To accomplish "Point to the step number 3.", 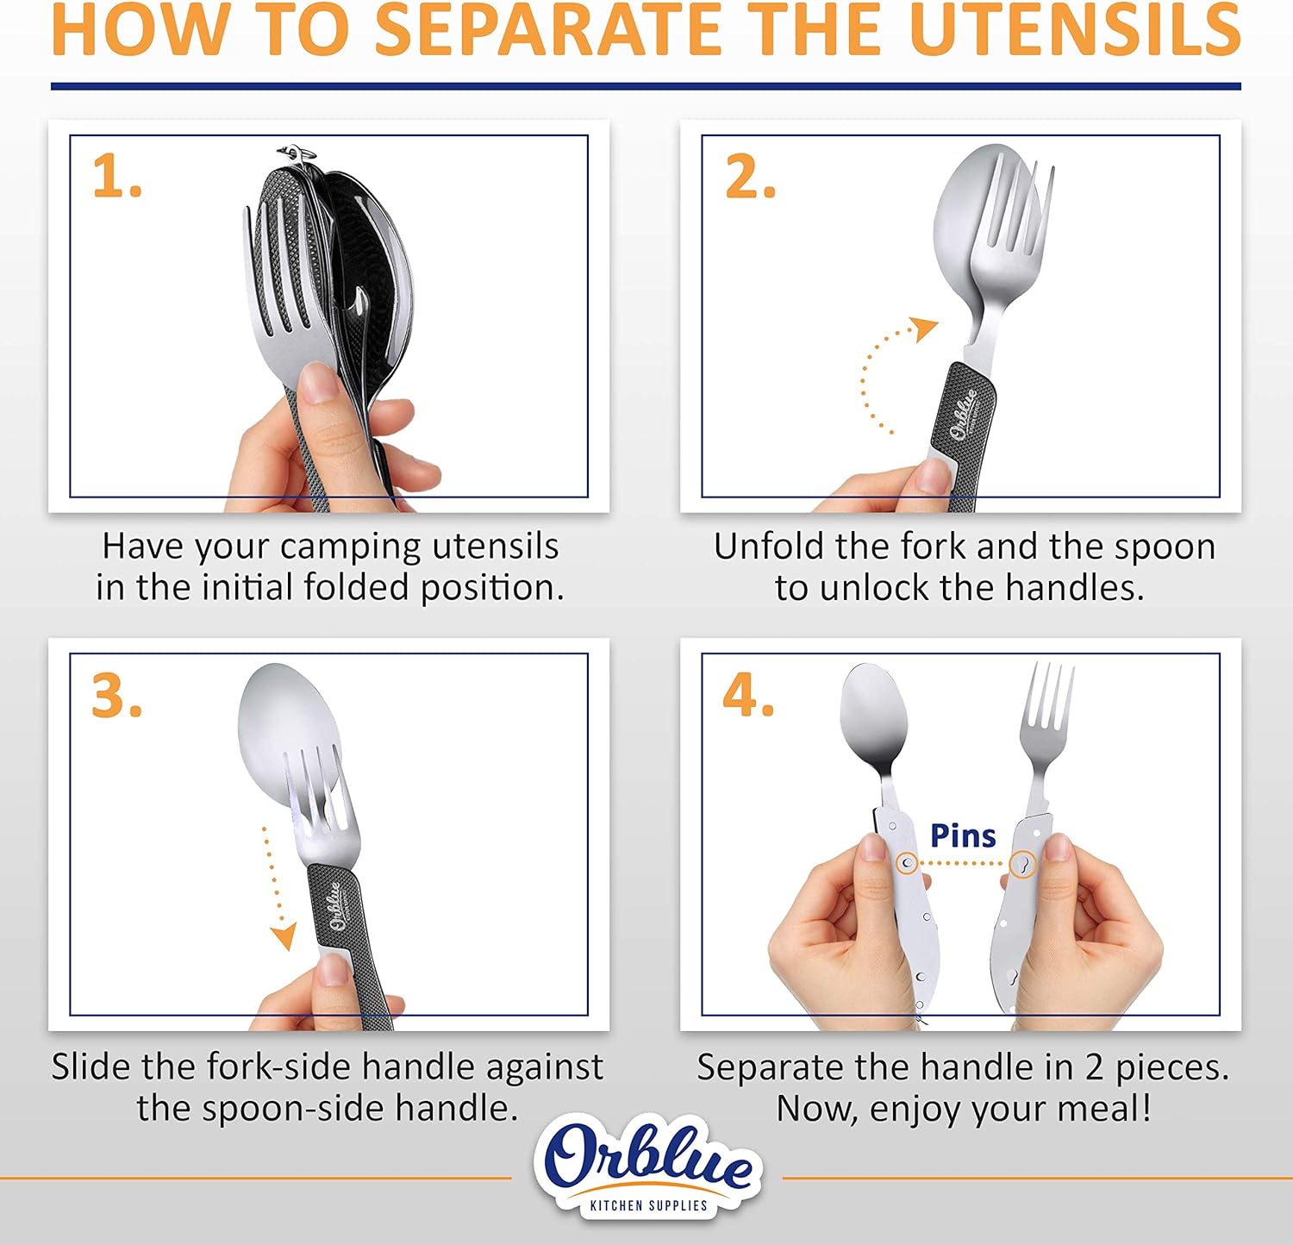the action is pyautogui.click(x=116, y=696).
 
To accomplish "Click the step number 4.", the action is pyautogui.click(x=748, y=696).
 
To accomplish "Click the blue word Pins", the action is pyautogui.click(x=963, y=835).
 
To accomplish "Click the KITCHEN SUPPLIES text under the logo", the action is pyautogui.click(x=648, y=1205).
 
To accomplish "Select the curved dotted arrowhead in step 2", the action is pyautogui.click(x=926, y=328).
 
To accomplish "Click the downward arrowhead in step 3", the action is pyautogui.click(x=283, y=937).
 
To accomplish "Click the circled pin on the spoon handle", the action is pyautogui.click(x=907, y=863).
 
